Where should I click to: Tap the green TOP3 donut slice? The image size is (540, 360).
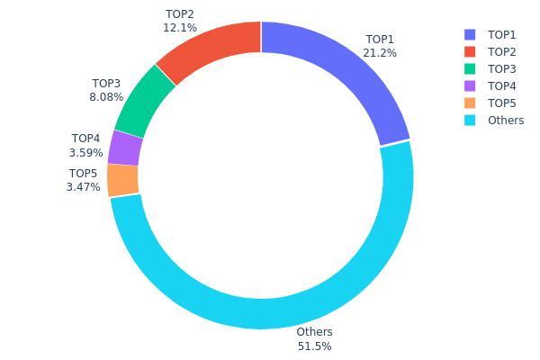143,101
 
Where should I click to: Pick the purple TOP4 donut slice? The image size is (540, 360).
125,148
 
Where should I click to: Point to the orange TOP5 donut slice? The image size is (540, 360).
123,179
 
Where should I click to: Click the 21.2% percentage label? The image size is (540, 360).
381,53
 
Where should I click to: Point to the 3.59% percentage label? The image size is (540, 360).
86,152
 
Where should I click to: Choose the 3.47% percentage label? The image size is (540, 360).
83,187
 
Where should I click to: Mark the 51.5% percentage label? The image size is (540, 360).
314,346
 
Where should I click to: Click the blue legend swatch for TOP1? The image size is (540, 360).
469,34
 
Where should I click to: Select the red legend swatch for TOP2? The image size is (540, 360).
469,51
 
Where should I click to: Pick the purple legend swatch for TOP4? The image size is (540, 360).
469,85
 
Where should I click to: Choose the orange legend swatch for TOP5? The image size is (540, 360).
469,103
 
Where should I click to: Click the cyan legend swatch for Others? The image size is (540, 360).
469,120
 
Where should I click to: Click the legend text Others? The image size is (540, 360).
506,120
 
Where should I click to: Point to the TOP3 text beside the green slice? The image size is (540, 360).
105,84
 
